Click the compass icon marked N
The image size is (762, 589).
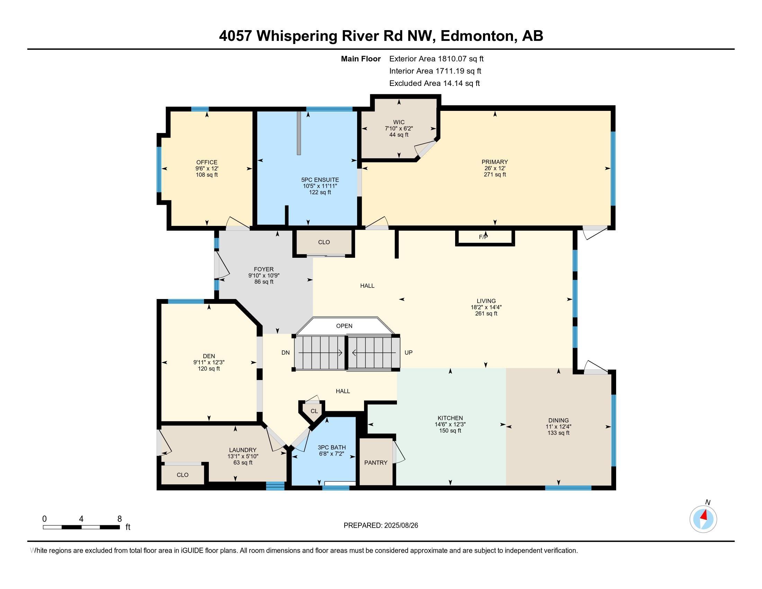click(703, 519)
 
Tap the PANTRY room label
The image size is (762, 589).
click(376, 463)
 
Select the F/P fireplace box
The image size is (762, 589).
click(485, 237)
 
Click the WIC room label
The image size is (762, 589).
click(399, 122)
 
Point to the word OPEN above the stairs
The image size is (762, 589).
click(344, 326)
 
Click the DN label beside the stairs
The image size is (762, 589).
click(285, 352)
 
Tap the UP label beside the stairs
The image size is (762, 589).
click(408, 352)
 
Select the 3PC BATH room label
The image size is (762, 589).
click(332, 447)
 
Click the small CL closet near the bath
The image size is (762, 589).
click(314, 411)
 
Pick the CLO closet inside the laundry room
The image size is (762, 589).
click(183, 475)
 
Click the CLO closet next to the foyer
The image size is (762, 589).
click(324, 242)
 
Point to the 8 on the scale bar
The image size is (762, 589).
click(119, 519)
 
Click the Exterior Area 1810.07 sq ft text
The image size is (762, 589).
click(436, 59)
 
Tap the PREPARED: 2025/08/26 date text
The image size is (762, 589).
click(381, 526)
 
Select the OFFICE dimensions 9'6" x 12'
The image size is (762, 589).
click(206, 168)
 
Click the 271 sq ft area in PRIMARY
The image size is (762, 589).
click(494, 175)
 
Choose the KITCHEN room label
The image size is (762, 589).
click(450, 418)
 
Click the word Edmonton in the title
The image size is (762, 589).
click(478, 36)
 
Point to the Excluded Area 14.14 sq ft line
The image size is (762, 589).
click(434, 83)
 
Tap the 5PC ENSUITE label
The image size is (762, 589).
click(320, 180)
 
